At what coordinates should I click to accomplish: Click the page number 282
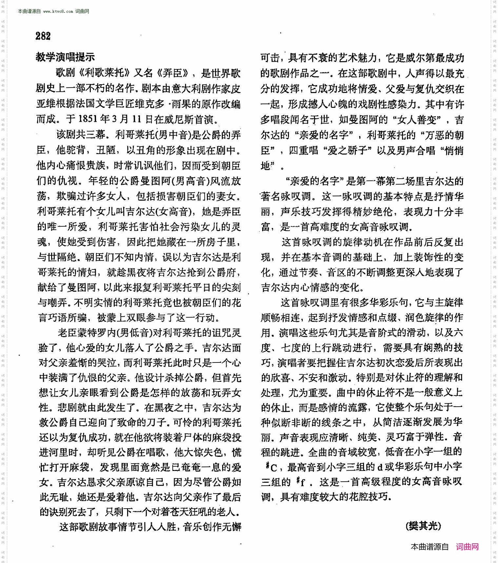pyautogui.click(x=43, y=36)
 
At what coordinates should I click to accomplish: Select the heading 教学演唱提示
pyautogui.click(x=65, y=57)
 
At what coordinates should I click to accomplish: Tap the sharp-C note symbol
pyautogui.click(x=272, y=467)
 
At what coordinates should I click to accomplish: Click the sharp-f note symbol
pyautogui.click(x=301, y=482)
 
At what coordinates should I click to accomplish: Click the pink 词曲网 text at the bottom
pyautogui.click(x=467, y=547)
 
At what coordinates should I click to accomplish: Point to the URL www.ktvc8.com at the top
pyautogui.click(x=58, y=11)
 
